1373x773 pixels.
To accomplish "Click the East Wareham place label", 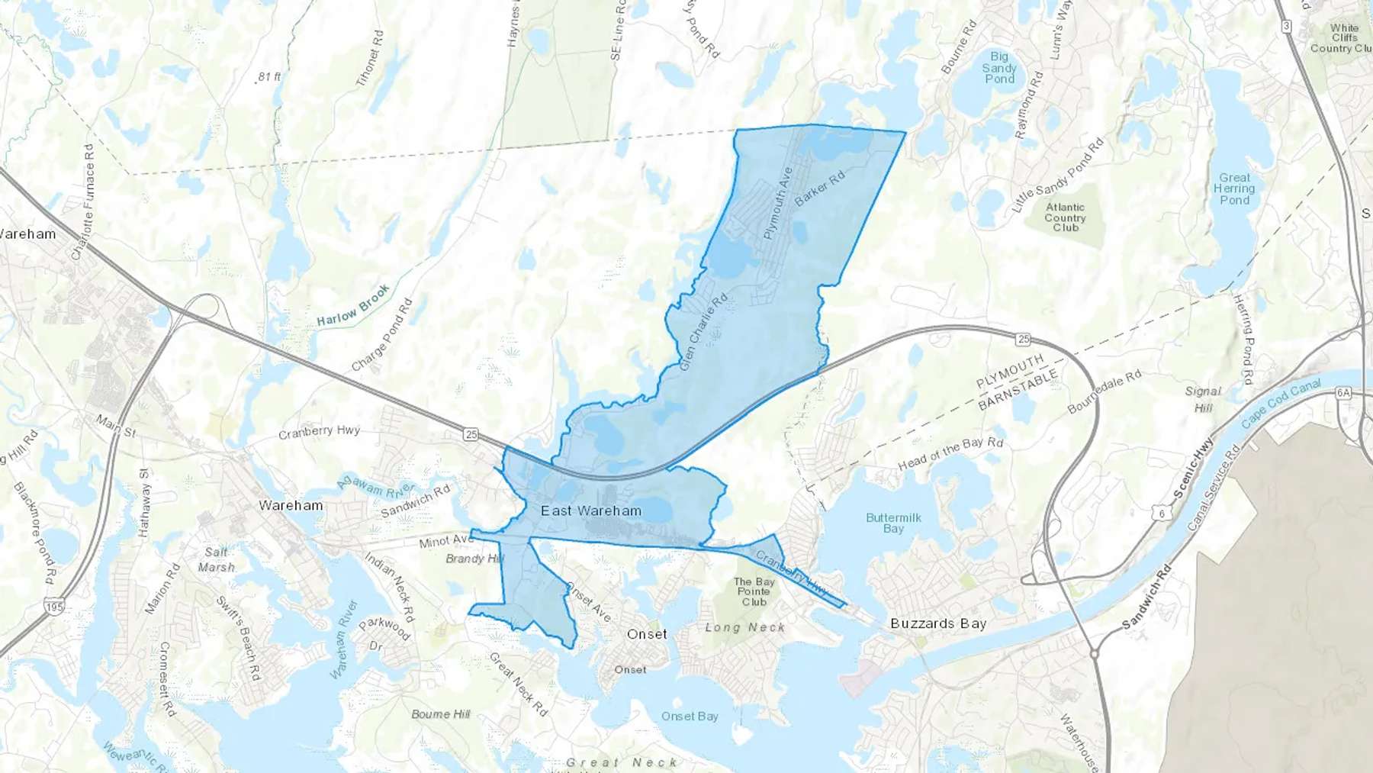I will (591, 511).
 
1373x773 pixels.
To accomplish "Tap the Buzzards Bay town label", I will (938, 623).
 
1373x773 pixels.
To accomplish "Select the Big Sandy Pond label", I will (999, 68).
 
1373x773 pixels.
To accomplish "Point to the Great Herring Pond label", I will (1234, 188).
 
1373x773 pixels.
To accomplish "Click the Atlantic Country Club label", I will (1065, 217).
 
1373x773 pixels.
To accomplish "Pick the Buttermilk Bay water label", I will (893, 523).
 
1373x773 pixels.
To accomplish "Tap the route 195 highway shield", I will (53, 607).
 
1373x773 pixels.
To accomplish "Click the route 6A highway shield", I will (1343, 393).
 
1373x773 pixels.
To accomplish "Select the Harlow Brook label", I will (353, 305).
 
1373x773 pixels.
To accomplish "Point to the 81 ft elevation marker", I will (268, 77).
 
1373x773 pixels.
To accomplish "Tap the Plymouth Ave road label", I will (778, 204).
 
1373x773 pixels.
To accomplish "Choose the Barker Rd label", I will (820, 188).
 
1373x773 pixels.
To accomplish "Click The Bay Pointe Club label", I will (754, 591).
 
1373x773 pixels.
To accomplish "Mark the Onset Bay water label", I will (690, 716).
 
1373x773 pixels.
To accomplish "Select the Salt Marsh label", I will (217, 559).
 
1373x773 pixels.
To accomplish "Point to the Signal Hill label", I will (1203, 399).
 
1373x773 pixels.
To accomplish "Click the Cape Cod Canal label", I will (1281, 403).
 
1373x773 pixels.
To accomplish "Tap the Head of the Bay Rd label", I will (950, 454).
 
